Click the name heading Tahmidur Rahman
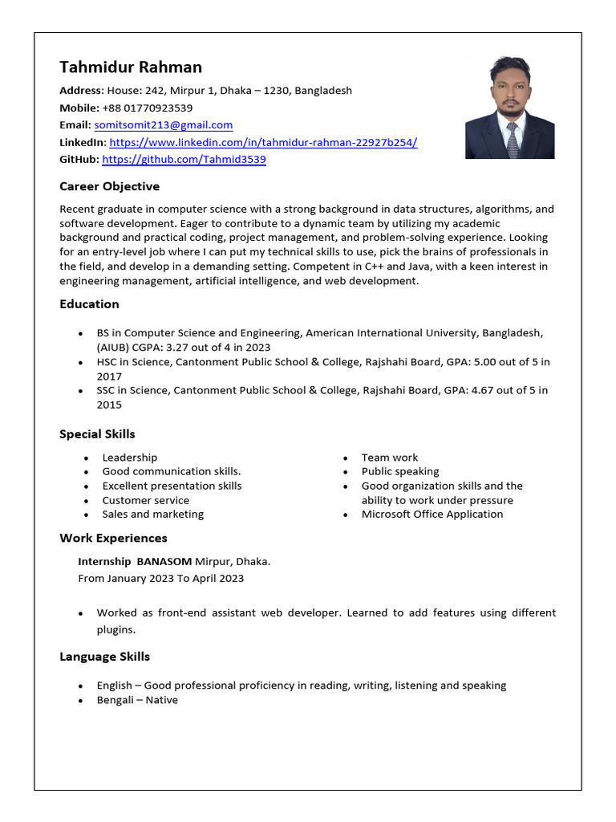[131, 67]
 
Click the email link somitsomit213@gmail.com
[163, 125]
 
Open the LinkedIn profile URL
[263, 142]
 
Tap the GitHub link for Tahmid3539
[184, 160]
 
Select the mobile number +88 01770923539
[147, 108]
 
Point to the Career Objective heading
[109, 186]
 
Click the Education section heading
[89, 304]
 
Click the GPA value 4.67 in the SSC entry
[473, 391]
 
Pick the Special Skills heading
[97, 434]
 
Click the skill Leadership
[129, 458]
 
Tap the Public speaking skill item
[399, 472]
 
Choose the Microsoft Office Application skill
[432, 515]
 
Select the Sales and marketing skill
[152, 515]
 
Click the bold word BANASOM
[164, 561]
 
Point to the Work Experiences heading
[113, 538]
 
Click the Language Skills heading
[104, 657]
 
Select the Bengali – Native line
[137, 700]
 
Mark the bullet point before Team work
[345, 458]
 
